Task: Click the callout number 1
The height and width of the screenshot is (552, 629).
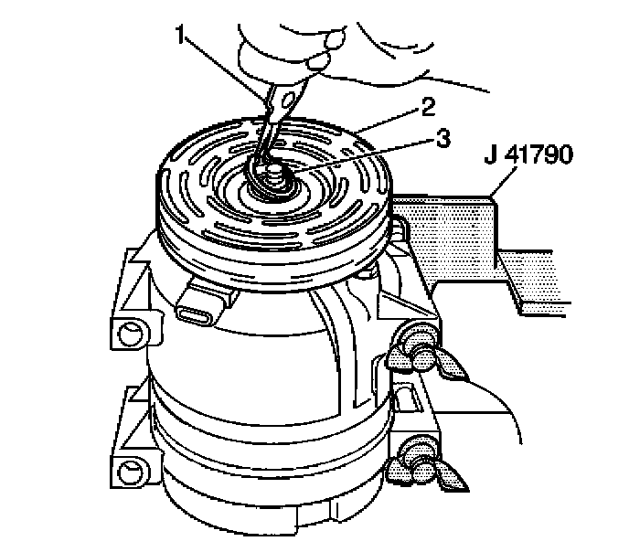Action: point(181,35)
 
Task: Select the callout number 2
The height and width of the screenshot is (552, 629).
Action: point(428,108)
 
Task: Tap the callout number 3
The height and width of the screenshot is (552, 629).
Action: point(442,138)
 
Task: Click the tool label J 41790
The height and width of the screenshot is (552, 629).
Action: point(528,154)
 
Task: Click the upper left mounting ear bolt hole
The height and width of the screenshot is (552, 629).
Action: point(131,334)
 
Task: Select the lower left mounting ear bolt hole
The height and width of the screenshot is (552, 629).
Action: point(131,471)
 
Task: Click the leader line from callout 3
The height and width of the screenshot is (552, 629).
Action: point(362,157)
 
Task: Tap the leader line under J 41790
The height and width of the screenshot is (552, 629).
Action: point(505,183)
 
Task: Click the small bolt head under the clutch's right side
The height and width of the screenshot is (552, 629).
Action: point(365,274)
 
